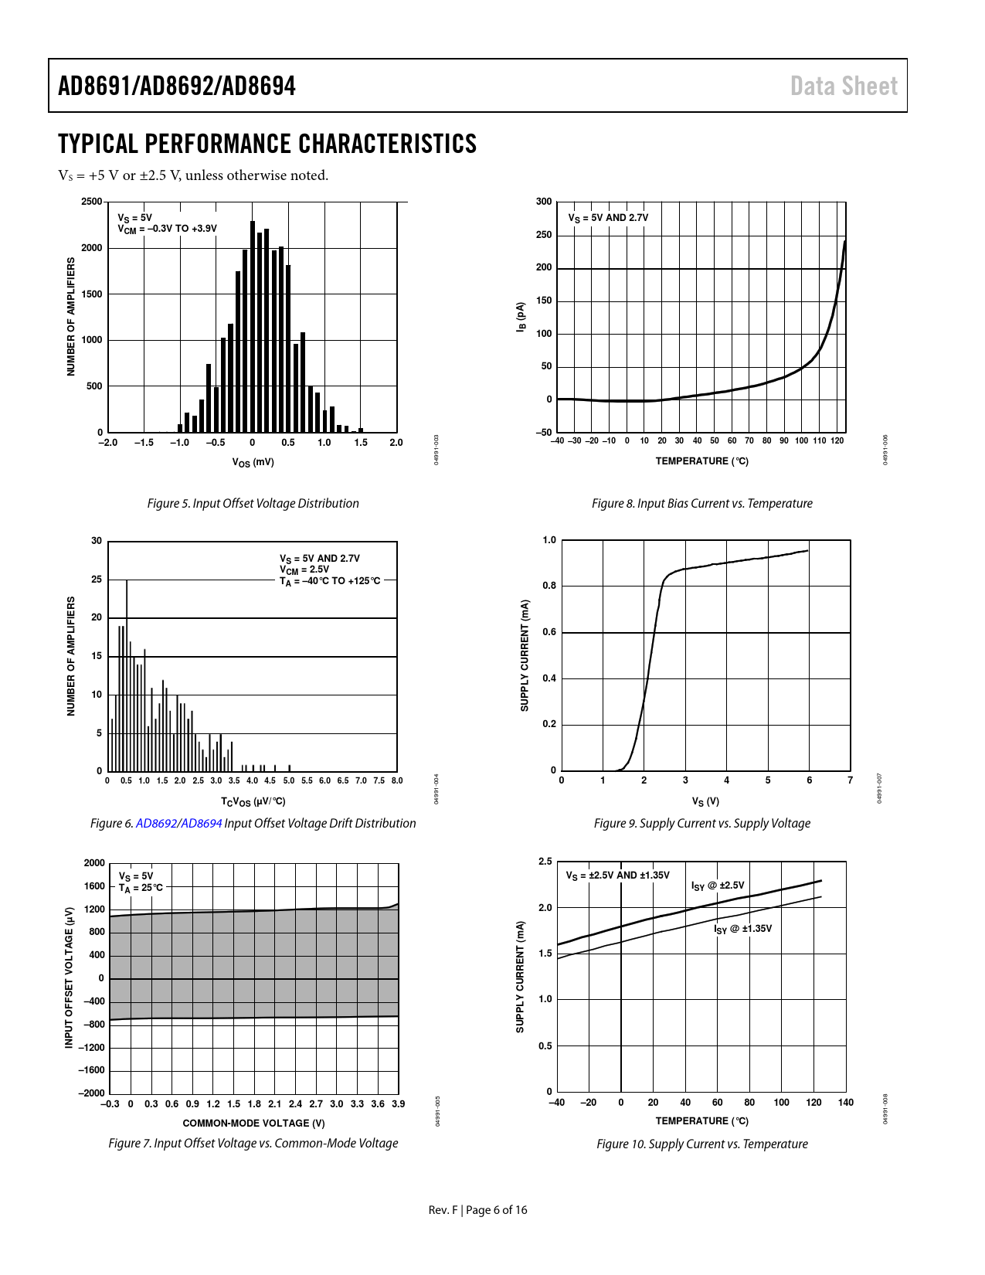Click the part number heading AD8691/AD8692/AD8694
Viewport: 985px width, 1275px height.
click(x=177, y=86)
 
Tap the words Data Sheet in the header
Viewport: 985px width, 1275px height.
click(x=844, y=86)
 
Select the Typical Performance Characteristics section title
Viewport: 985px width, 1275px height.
click(x=267, y=144)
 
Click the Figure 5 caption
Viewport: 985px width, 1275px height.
click(x=253, y=503)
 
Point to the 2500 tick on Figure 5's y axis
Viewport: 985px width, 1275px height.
click(x=91, y=202)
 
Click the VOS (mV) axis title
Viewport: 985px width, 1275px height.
click(x=253, y=462)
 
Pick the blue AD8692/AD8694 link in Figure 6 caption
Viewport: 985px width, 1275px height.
click(x=179, y=823)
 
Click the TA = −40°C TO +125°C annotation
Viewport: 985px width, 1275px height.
click(x=330, y=581)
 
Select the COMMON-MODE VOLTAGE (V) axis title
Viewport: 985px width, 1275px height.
click(x=253, y=1123)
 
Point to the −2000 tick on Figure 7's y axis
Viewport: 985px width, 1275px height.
click(x=91, y=1093)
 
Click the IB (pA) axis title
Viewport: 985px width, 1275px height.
click(x=521, y=318)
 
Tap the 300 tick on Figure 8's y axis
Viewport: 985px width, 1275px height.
click(x=544, y=202)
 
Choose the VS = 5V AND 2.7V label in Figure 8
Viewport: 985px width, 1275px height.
click(x=608, y=218)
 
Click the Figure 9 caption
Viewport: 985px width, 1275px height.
click(x=701, y=823)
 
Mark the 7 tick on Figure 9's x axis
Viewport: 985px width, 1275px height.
click(x=850, y=780)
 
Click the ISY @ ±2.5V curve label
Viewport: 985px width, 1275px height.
click(x=718, y=886)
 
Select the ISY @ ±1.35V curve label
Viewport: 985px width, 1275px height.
click(x=742, y=929)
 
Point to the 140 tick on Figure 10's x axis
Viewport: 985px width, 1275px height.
click(x=846, y=1103)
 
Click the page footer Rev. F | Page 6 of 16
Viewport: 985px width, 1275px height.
click(x=477, y=1209)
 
